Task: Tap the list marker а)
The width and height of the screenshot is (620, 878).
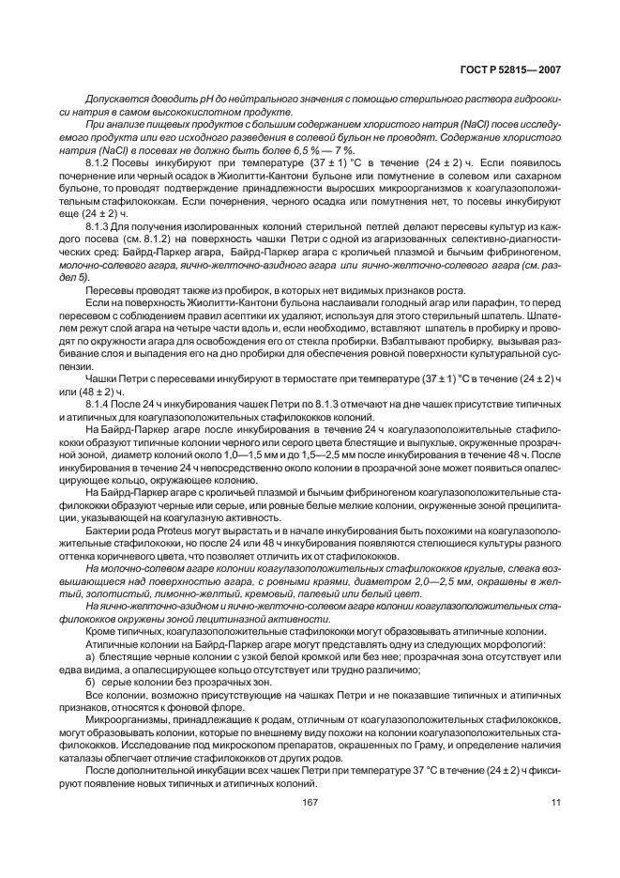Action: (x=90, y=656)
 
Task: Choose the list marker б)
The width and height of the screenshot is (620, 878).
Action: (x=90, y=681)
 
